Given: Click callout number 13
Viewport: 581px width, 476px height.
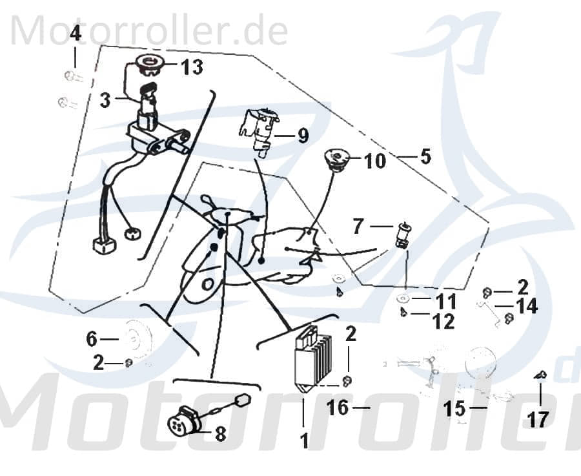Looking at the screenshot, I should click(192, 67).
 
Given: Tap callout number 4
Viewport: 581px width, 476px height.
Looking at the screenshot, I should click(76, 33).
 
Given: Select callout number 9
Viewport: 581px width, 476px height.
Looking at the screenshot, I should click(303, 136).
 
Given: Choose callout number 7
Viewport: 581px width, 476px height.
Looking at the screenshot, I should click(359, 227).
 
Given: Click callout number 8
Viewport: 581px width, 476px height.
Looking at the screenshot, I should click(220, 434).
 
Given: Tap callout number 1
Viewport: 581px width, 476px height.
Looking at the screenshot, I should click(303, 441).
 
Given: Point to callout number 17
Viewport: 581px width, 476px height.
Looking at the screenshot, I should click(538, 419).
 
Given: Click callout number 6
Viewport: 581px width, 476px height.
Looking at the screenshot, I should click(92, 338).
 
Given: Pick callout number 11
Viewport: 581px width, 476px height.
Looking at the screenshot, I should click(445, 301).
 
